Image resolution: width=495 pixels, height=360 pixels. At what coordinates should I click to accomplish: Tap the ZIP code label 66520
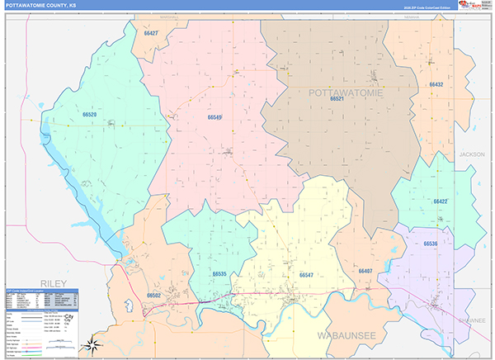(90, 115)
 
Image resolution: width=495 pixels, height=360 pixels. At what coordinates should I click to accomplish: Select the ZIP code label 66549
(214, 118)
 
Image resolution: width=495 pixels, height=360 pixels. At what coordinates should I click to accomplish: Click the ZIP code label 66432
(436, 85)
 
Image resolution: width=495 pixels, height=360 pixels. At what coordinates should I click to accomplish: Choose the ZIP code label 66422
(441, 201)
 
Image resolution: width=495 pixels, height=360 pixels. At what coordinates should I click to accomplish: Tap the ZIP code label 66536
(431, 244)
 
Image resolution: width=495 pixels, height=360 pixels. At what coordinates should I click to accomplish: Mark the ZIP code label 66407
(365, 271)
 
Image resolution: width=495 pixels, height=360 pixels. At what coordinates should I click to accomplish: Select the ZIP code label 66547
(306, 274)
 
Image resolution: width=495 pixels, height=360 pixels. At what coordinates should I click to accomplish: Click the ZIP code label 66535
(219, 273)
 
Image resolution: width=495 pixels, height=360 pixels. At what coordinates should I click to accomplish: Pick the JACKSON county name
(473, 154)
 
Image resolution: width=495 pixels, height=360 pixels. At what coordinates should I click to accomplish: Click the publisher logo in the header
(471, 5)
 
